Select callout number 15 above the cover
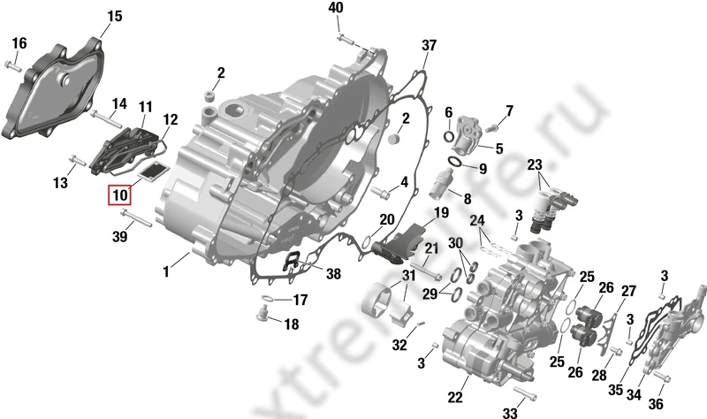pyautogui.click(x=115, y=17)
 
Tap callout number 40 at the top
pyautogui.click(x=336, y=8)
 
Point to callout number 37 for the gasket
pyautogui.click(x=429, y=45)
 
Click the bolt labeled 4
pyautogui.click(x=381, y=190)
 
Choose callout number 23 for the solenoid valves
pyautogui.click(x=536, y=165)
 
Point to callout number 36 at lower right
pyautogui.click(x=656, y=405)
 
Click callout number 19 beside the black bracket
pyautogui.click(x=441, y=212)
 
